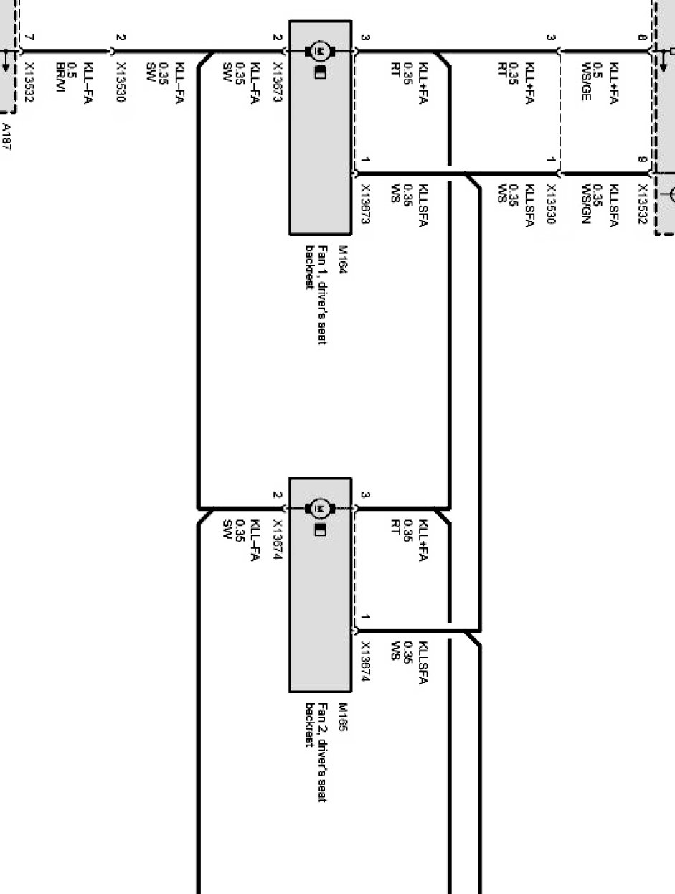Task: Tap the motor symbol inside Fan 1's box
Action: click(x=320, y=51)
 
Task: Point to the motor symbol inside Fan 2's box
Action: click(x=320, y=509)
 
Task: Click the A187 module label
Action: click(x=7, y=136)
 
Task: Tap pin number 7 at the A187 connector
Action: click(x=28, y=37)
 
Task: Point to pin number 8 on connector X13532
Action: click(x=643, y=37)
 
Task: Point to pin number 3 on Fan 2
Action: click(x=365, y=495)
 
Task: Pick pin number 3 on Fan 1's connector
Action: click(x=365, y=37)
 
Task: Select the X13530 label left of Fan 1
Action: click(x=120, y=83)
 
